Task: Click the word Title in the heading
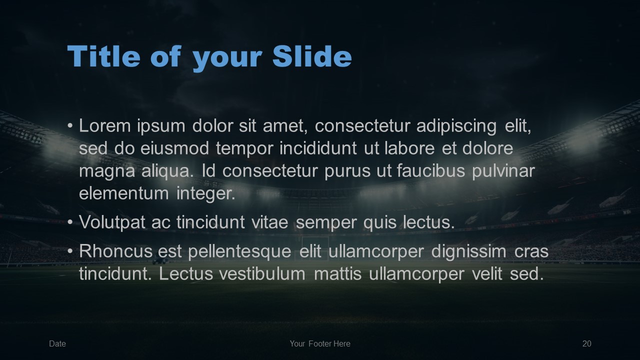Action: click(x=103, y=56)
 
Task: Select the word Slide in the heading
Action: click(x=312, y=56)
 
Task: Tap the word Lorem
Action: click(x=105, y=125)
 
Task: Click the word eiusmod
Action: click(x=174, y=148)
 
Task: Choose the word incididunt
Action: click(x=318, y=148)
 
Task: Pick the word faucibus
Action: click(x=431, y=170)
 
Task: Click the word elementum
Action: click(x=124, y=193)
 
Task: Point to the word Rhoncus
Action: click(x=116, y=251)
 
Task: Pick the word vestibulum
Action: click(x=262, y=273)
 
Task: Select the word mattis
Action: click(x=337, y=273)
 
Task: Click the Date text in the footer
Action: click(x=57, y=343)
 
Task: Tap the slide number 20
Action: click(x=587, y=343)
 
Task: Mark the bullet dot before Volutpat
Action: click(x=70, y=223)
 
